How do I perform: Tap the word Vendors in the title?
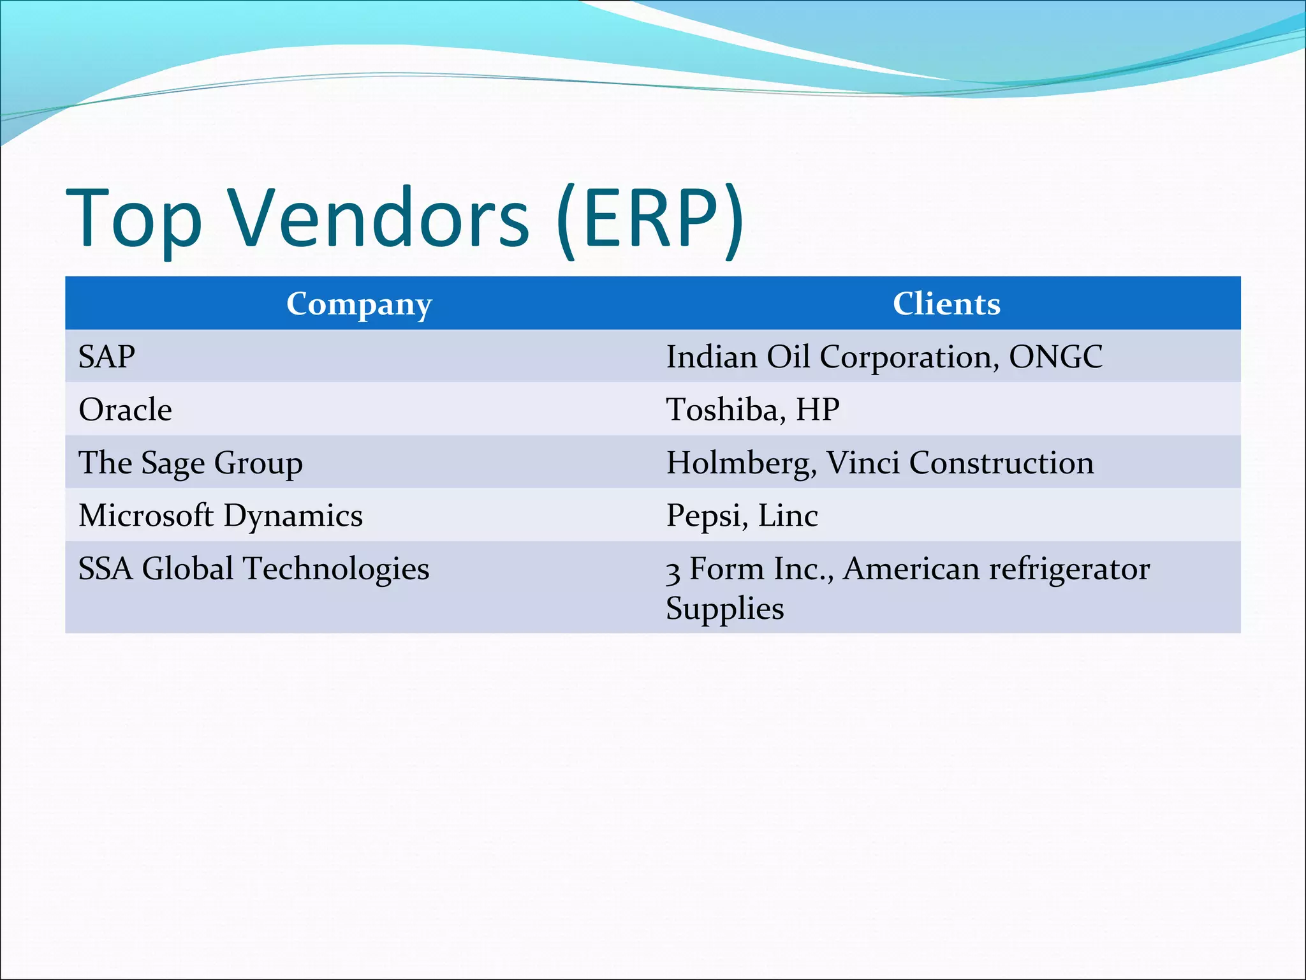(379, 218)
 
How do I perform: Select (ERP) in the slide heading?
(649, 218)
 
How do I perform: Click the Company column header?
(359, 304)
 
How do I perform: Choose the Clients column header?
(946, 304)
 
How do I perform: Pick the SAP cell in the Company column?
(106, 357)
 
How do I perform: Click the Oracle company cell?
(125, 410)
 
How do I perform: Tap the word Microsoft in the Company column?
(146, 516)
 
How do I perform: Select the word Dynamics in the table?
(293, 516)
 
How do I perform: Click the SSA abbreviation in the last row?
(105, 568)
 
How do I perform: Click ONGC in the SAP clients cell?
(1055, 357)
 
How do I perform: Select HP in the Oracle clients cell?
(818, 410)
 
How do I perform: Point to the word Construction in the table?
(1001, 463)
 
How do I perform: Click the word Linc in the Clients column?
(788, 516)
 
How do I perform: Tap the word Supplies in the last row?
(724, 609)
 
